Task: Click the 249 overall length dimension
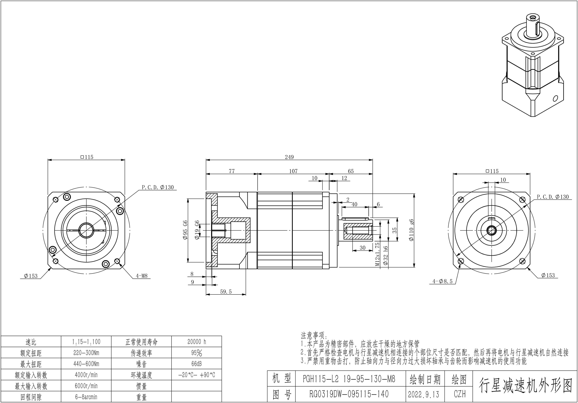289,157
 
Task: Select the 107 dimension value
293,171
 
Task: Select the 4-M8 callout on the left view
141,276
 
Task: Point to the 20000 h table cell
197,342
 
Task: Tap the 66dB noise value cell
197,364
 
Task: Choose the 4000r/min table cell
86,375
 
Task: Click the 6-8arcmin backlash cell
86,397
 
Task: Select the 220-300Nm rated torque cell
86,353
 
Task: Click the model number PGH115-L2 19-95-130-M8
349,379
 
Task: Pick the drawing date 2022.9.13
423,394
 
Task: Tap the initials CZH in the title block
460,394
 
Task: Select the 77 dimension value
232,171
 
